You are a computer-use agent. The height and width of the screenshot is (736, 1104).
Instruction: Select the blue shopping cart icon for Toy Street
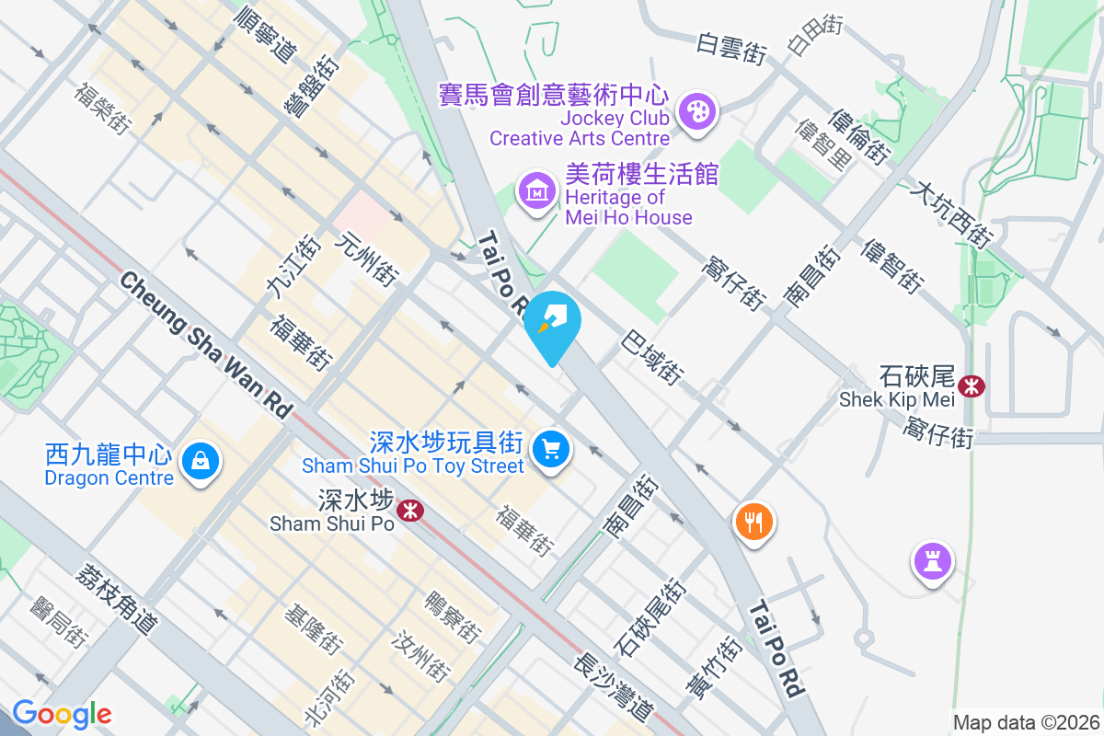[x=551, y=450]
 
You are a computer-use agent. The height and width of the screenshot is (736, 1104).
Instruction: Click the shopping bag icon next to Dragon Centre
[x=200, y=459]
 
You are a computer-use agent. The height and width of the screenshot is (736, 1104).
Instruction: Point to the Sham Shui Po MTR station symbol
[x=410, y=509]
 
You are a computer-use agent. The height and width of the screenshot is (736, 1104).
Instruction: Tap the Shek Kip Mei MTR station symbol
[x=970, y=385]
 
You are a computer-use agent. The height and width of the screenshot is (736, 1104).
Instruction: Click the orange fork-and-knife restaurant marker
[x=753, y=523]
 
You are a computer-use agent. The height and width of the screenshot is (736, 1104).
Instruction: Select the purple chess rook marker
[x=932, y=559]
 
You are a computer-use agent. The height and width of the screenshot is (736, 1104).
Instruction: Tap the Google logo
[x=62, y=714]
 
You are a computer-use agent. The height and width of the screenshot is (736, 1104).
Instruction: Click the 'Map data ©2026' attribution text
[x=1025, y=722]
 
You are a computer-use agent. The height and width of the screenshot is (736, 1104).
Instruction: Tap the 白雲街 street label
[x=731, y=48]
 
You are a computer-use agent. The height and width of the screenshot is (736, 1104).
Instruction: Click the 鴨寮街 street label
[x=452, y=616]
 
